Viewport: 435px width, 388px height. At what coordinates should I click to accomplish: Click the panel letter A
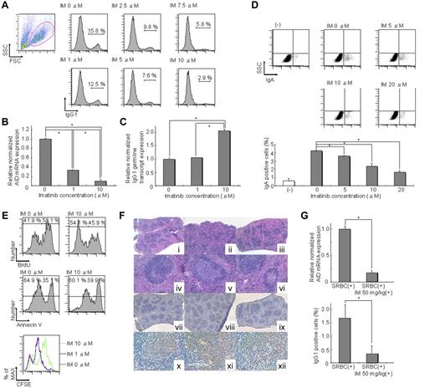tap(5, 8)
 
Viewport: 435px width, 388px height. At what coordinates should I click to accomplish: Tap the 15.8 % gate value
tap(99, 31)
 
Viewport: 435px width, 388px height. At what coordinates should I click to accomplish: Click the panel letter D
tap(253, 8)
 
